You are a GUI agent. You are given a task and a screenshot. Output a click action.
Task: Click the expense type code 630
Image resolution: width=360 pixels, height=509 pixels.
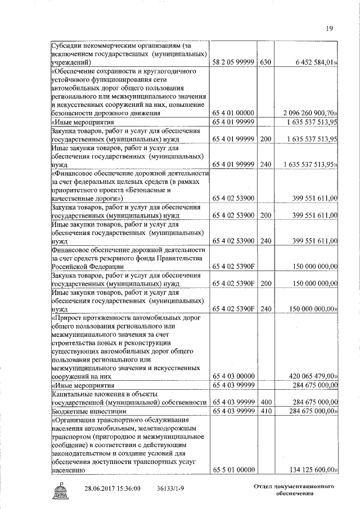(265, 62)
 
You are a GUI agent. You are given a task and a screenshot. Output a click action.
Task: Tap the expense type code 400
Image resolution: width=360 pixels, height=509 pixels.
(265, 403)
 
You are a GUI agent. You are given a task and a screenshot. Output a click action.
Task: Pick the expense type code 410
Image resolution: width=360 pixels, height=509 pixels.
(265, 412)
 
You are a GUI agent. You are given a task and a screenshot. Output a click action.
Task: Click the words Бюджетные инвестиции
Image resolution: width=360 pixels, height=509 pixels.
(82, 412)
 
